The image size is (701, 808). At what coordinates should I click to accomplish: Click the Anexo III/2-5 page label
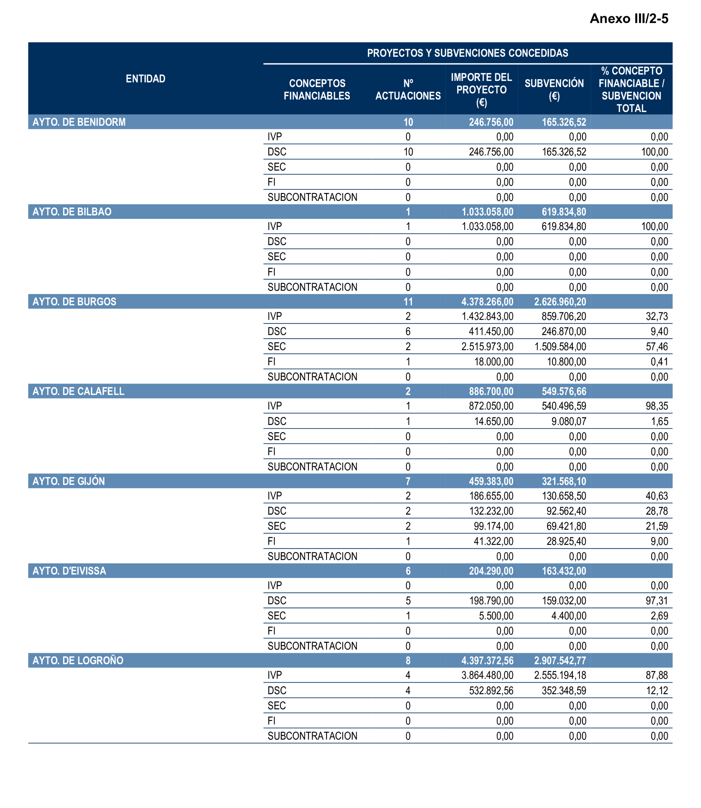629,18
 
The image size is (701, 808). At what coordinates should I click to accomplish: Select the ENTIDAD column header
145,79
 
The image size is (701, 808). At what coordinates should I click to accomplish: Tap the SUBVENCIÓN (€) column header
554,89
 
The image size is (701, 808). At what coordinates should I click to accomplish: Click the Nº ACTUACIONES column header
408,89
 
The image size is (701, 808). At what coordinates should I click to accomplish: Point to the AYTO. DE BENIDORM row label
79,122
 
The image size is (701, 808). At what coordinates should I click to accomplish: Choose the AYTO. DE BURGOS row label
74,302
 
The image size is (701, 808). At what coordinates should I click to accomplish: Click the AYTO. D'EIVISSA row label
69,571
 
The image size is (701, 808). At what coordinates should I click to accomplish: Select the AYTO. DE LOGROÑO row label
78,661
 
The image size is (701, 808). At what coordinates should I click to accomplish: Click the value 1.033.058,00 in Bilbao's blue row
487,212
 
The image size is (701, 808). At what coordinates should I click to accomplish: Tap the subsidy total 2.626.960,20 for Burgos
560,302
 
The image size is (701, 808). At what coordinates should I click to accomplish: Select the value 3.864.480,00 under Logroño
487,675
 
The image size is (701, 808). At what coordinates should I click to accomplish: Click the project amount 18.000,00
494,362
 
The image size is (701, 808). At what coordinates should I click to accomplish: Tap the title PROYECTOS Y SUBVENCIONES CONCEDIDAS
467,53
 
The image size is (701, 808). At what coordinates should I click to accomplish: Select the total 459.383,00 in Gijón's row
491,481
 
